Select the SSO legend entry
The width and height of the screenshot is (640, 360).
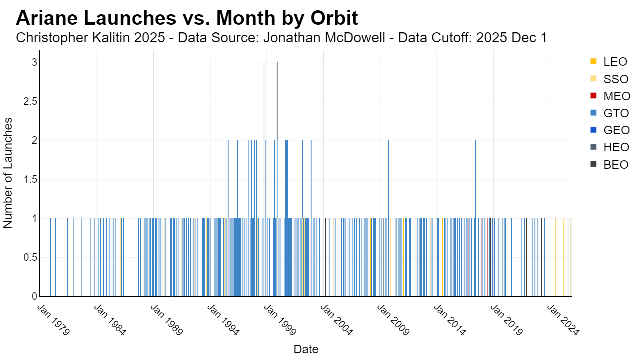[x=609, y=79]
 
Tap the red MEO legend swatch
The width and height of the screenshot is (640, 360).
[x=593, y=96]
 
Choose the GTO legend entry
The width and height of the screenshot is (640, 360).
[x=609, y=113]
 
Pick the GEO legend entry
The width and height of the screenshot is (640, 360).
[x=610, y=130]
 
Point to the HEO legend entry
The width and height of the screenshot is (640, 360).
[x=609, y=147]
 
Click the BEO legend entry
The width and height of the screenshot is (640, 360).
[x=609, y=165]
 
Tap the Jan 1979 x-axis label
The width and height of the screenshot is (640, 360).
[x=53, y=320]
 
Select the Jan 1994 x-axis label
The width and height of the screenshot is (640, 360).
[x=223, y=320]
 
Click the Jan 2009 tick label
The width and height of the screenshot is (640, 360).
[x=393, y=320]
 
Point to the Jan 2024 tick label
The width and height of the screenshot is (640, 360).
[x=563, y=320]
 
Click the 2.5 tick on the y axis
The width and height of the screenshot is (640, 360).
[x=30, y=101]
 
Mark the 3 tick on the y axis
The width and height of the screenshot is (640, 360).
[x=35, y=62]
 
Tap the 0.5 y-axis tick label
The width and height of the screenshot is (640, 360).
[x=30, y=257]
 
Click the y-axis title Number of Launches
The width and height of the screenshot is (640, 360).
[x=8, y=173]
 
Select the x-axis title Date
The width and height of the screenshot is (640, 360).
[x=306, y=349]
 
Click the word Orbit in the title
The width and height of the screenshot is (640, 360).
[x=334, y=18]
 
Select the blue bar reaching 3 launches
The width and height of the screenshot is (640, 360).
[x=264, y=179]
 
